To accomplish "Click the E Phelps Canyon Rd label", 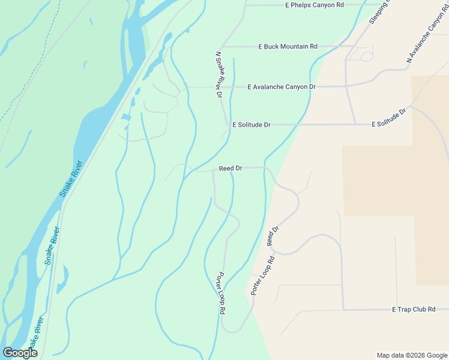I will coord(314,5).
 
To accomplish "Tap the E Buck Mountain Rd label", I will coord(288,46).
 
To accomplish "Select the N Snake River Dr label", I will coord(219,75).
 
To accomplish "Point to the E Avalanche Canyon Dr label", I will coord(282,87).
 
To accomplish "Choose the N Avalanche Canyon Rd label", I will coord(427,37).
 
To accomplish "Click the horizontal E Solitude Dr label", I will coord(252,125).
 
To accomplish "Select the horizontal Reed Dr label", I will coord(231,169).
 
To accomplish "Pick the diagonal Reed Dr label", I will coord(274,236).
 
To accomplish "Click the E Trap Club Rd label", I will coord(413,309).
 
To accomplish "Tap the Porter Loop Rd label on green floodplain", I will coord(221,293).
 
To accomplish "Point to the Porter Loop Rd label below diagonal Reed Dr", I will coord(262,276).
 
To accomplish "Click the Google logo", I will coord(20,353).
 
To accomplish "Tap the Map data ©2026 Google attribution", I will coord(412,355).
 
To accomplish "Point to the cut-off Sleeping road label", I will coord(379,12).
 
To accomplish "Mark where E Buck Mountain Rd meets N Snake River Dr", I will coord(222,47).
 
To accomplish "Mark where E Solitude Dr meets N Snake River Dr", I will coord(226,125).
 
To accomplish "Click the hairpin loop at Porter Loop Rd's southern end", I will coord(232,331).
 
